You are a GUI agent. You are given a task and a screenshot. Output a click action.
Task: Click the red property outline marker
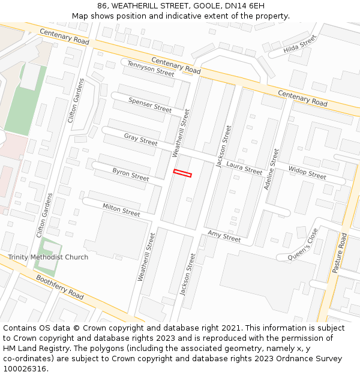(x=182, y=173)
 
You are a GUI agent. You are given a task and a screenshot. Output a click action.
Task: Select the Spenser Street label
(x=150, y=104)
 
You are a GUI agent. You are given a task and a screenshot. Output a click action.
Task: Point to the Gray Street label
(x=140, y=140)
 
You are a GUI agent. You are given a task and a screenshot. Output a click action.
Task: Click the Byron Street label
(x=130, y=175)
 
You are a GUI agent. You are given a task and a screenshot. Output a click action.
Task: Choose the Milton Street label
(x=121, y=209)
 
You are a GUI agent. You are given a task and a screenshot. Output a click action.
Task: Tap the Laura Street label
(x=244, y=168)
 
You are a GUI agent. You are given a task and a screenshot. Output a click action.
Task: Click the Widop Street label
(x=307, y=172)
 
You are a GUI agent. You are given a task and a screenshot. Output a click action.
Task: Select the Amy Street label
(x=224, y=236)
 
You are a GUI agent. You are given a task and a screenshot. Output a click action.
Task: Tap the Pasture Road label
(x=340, y=253)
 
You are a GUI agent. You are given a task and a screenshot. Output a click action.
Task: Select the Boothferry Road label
(x=60, y=287)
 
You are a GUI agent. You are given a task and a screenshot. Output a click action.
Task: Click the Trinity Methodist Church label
(x=48, y=257)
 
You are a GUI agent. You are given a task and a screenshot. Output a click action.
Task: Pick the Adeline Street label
(x=271, y=170)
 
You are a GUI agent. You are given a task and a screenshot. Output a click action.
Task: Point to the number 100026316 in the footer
(x=25, y=369)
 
